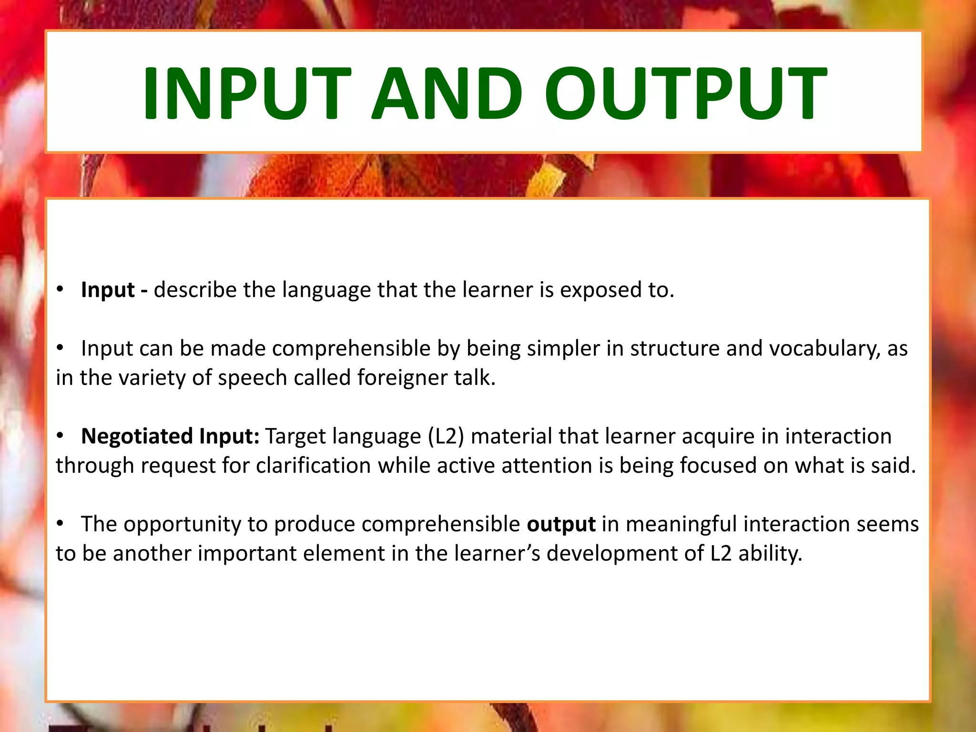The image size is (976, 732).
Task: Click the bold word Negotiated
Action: [x=137, y=436]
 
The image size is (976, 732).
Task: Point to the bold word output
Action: [x=561, y=524]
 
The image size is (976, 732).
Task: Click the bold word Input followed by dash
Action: [x=108, y=290]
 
